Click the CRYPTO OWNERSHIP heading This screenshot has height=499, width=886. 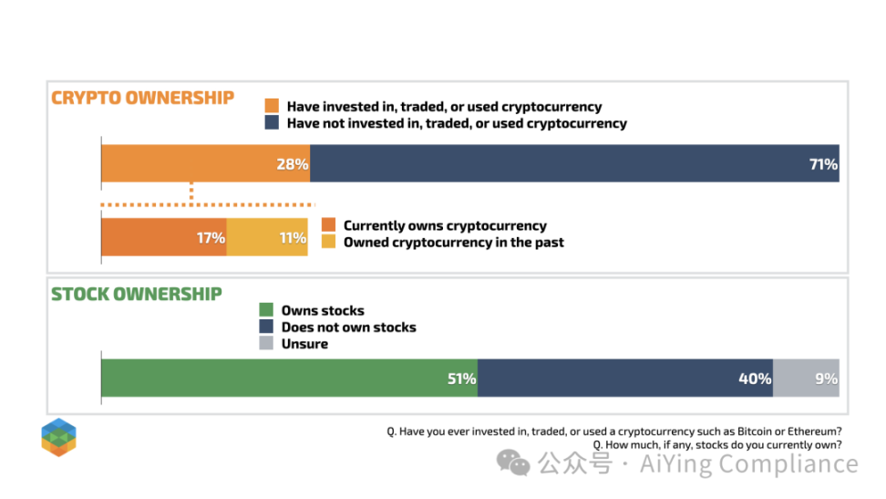point(142,99)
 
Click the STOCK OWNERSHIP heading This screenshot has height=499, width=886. point(137,295)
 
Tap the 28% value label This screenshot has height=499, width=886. point(293,165)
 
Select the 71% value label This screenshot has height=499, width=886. point(823,165)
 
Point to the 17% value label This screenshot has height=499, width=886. point(211,238)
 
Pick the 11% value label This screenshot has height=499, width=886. point(293,238)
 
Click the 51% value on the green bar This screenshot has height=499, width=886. point(461,379)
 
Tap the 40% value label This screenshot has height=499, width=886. point(756,379)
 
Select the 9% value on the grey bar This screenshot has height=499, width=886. point(826,379)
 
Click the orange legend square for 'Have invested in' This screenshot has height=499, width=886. point(271,107)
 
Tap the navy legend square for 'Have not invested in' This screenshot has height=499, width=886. point(271,123)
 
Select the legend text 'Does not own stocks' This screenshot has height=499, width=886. point(348,327)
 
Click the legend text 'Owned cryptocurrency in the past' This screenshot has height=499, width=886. point(453,243)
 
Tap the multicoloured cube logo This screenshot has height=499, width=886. point(58,437)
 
